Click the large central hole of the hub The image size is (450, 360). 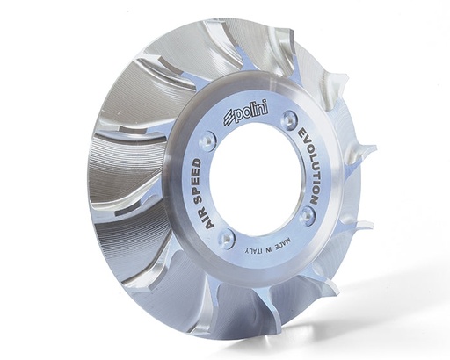coord(256,184)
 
